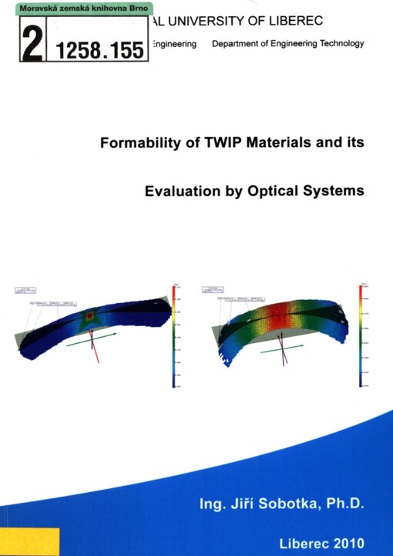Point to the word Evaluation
pos(183,190)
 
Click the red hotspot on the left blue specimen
pos(90,315)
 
